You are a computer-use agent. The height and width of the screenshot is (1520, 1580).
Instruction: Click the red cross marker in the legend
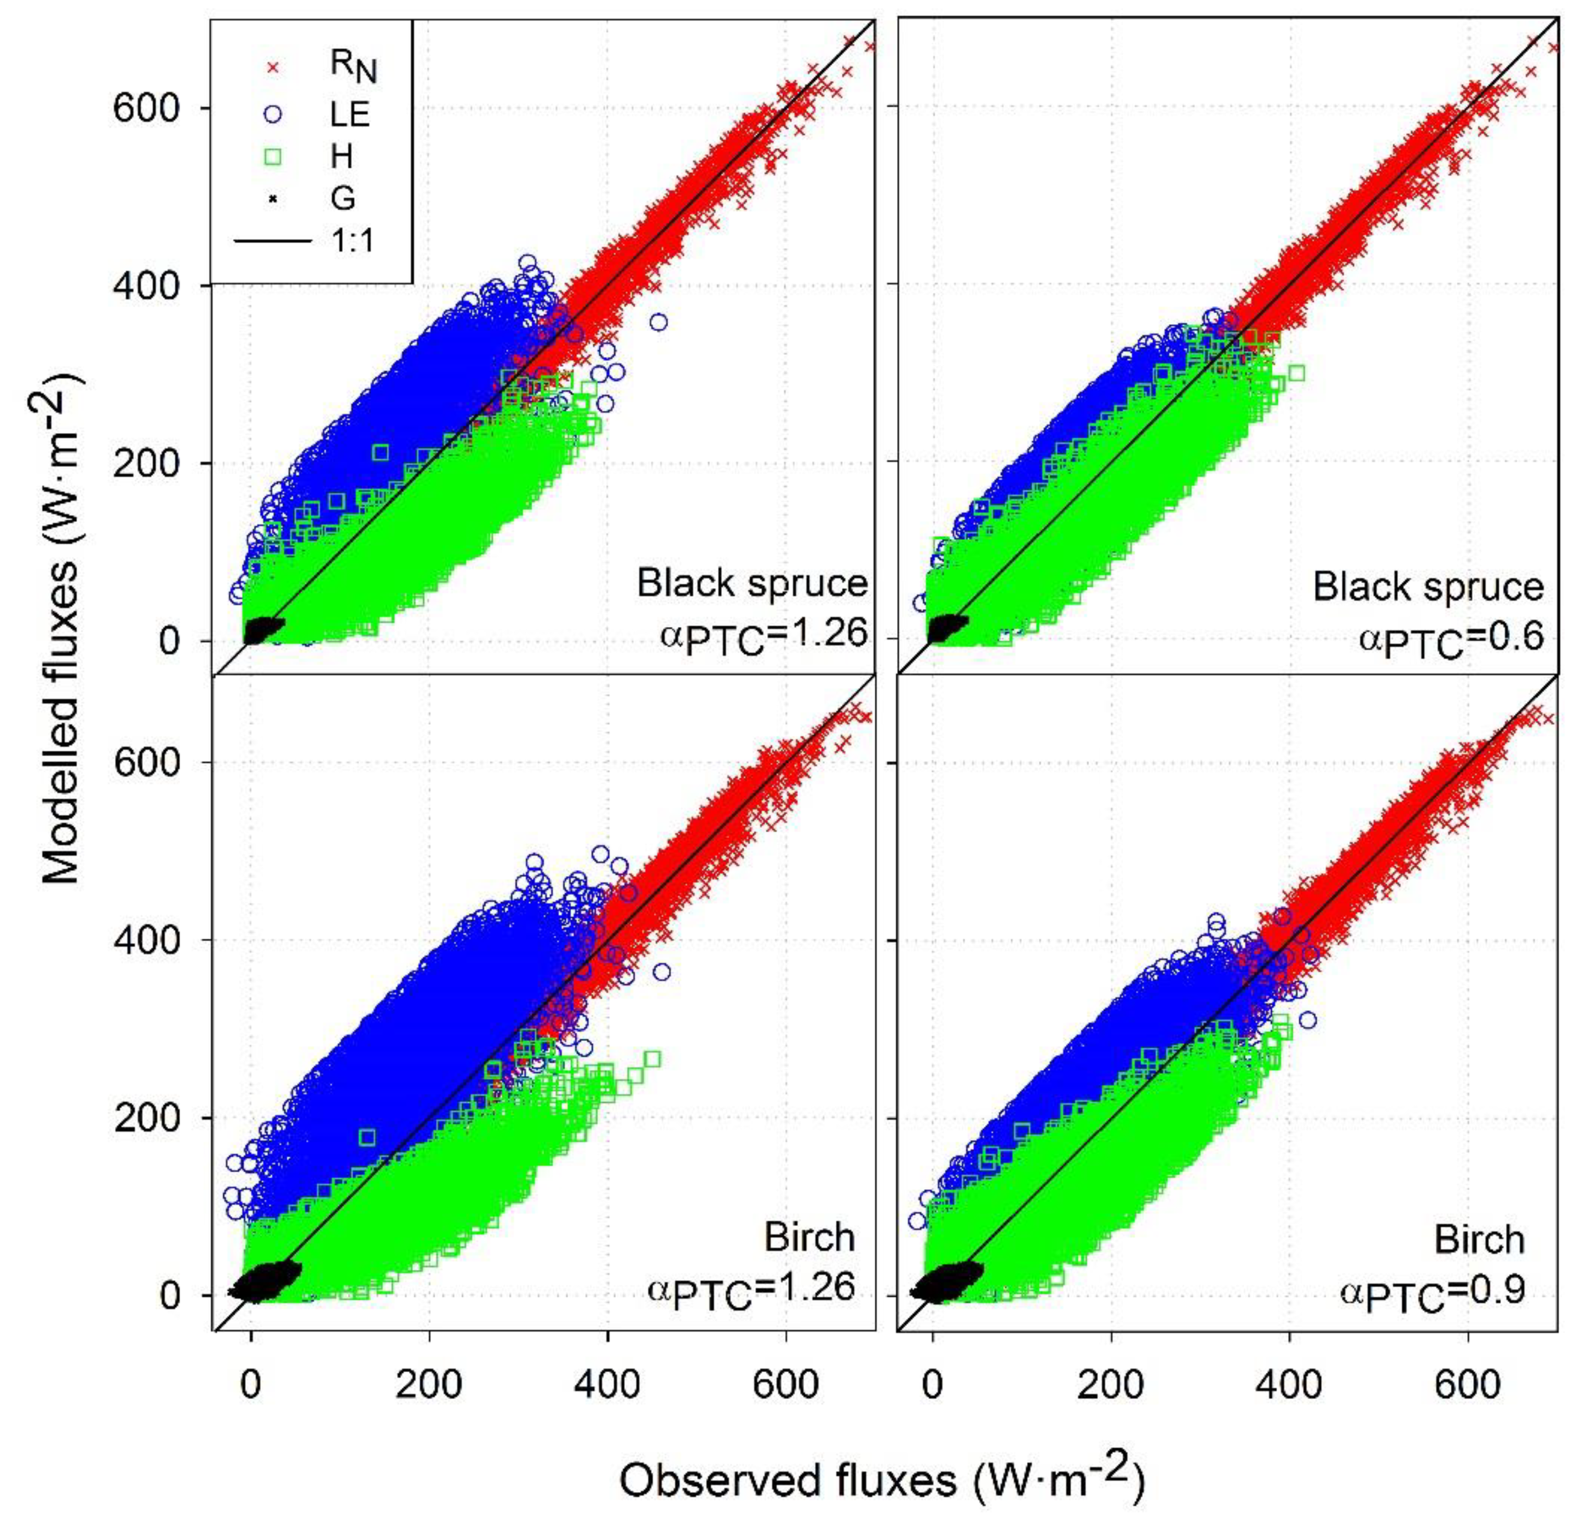point(273,68)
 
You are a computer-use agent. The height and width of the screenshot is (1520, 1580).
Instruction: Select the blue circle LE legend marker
point(273,114)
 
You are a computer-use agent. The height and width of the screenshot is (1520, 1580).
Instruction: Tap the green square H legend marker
point(273,157)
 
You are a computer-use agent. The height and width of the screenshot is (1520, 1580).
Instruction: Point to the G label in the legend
point(343,198)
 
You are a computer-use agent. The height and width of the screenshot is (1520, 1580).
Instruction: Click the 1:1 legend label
point(352,240)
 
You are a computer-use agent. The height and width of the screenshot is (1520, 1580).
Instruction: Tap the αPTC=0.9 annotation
point(1433,1291)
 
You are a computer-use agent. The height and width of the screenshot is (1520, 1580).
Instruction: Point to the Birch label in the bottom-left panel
point(808,1236)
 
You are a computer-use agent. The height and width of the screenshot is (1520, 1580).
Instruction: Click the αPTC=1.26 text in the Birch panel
point(750,1289)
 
